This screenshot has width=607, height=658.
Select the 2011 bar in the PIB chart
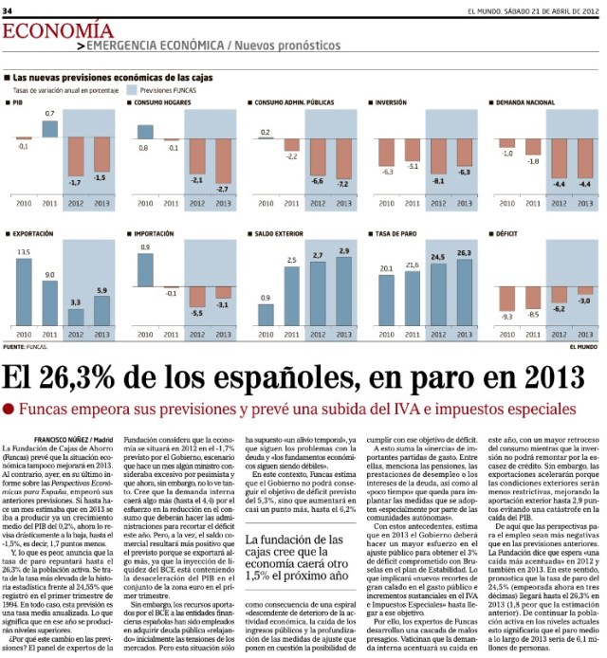[x=50, y=129]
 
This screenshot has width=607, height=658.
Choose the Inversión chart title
[x=391, y=101]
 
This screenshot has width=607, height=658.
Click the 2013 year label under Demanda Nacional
[x=585, y=203]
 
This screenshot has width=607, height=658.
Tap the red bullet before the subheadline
[x=9, y=409]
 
